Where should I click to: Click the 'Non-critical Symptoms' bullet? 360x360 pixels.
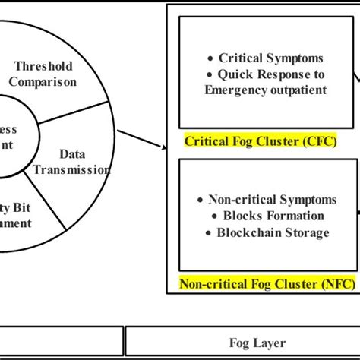point(261,200)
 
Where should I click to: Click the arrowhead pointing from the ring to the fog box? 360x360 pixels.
point(161,147)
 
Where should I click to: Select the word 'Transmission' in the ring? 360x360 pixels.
point(72,170)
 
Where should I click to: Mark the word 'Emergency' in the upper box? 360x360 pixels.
point(232,90)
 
